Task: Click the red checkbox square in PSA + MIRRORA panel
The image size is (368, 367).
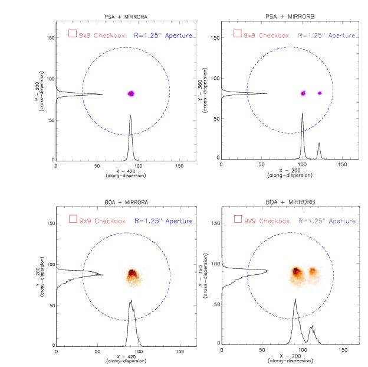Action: click(72, 34)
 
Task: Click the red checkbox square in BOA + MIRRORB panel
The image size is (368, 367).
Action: click(238, 219)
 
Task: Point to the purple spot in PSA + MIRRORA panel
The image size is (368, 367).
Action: click(131, 93)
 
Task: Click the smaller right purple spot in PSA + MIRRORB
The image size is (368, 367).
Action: click(320, 93)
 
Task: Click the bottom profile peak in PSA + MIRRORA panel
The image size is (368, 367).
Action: click(130, 116)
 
